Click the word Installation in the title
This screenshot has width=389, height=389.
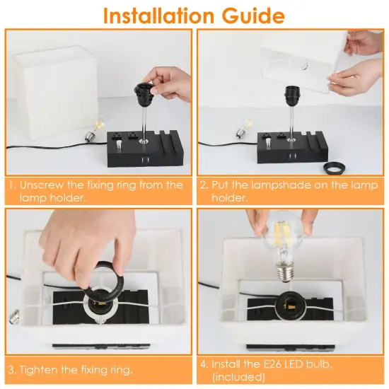point(158,16)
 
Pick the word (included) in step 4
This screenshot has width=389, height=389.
point(238,377)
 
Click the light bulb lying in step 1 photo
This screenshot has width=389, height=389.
point(95,130)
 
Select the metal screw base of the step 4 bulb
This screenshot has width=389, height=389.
point(286,274)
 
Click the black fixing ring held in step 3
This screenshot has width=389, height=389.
point(104,277)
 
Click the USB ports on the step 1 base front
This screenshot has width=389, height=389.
point(144,160)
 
